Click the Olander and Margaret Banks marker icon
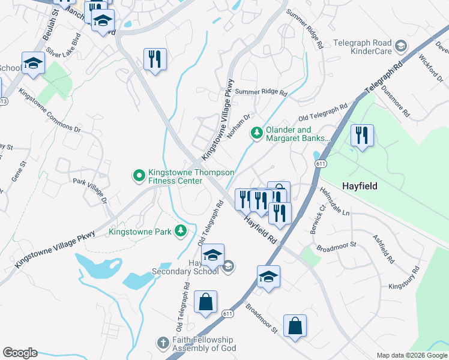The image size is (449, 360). coord(257,132)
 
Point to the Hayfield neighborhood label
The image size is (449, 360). coord(360,186)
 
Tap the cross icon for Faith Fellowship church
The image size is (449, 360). coord(162,343)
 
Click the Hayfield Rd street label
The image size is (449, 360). coord(262,229)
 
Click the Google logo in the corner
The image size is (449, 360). coord(20,353)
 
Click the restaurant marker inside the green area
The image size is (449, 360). coord(361,136)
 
